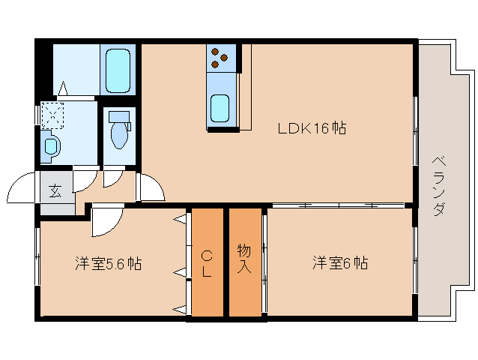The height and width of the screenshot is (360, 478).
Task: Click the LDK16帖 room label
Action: coord(312,128)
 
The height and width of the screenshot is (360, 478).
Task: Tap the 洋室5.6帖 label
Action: coord(108,264)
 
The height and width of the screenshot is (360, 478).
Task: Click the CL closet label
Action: coord(206,262)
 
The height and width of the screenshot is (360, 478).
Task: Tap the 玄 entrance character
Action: coord(55,190)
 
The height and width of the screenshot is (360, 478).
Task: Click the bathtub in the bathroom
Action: coord(118,69)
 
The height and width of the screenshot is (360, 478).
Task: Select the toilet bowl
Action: coord(119,132)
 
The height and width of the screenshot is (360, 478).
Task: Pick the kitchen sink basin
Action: coord(220,109)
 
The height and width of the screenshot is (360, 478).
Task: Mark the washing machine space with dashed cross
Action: coord(52,115)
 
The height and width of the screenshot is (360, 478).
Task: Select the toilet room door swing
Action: coord(113,177)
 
